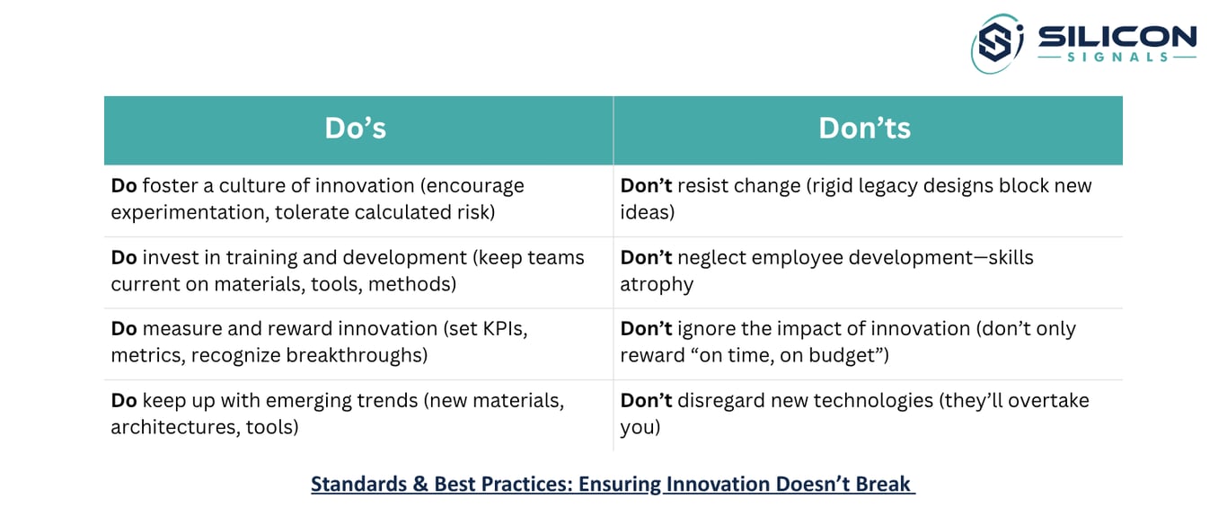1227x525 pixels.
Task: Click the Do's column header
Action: [356, 129]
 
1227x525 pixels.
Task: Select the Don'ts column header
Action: [864, 129]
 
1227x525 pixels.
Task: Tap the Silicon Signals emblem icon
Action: [996, 43]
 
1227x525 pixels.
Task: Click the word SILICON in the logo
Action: [1117, 37]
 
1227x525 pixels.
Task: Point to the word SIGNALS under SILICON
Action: [1117, 57]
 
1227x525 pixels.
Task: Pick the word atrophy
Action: [657, 285]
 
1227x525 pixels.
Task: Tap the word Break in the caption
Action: [882, 484]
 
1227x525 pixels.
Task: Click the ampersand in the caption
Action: [420, 485]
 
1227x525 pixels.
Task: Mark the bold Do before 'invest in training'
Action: [124, 258]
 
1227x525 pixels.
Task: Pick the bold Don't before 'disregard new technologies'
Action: [646, 401]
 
